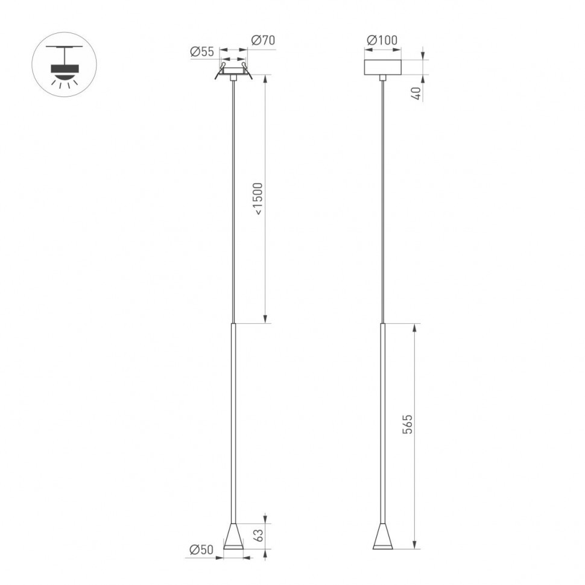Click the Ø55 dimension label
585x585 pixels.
pyautogui.click(x=202, y=52)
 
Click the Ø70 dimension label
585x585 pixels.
pyautogui.click(x=262, y=40)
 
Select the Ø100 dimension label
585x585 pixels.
pyautogui.click(x=382, y=40)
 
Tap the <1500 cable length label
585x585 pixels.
pyautogui.click(x=258, y=198)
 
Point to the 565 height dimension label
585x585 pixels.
pyautogui.click(x=408, y=425)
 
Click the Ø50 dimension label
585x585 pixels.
pyautogui.click(x=201, y=549)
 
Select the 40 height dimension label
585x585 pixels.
pyautogui.click(x=415, y=92)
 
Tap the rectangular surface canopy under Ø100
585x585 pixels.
pyautogui.click(x=382, y=66)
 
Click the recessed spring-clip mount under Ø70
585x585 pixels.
pyautogui.click(x=233, y=72)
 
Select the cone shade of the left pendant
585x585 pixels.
pyautogui.click(x=233, y=536)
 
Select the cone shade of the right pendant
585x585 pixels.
pyautogui.click(x=382, y=536)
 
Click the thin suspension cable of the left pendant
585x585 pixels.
pyautogui.click(x=233, y=199)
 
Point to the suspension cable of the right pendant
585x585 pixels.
pyautogui.click(x=382, y=199)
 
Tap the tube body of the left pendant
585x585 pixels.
pyautogui.click(x=233, y=422)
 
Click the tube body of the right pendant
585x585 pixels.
pyautogui.click(x=382, y=422)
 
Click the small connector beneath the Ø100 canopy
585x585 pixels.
pyautogui.click(x=382, y=77)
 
